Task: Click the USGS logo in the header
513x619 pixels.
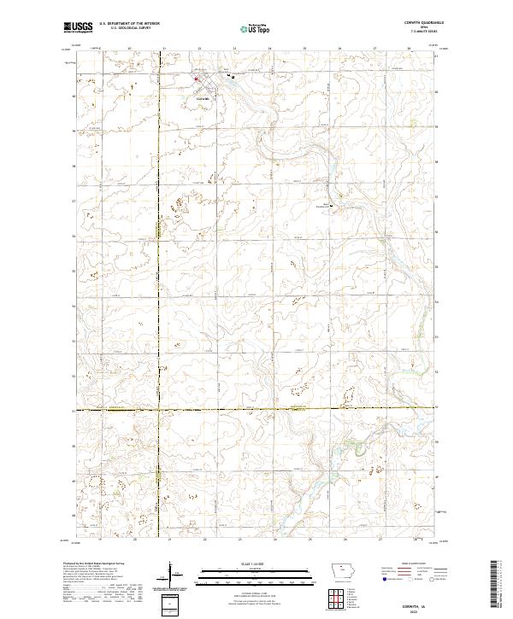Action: [75, 28]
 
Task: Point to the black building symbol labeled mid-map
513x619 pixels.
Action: [334, 204]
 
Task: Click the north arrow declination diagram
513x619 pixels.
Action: [172, 575]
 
